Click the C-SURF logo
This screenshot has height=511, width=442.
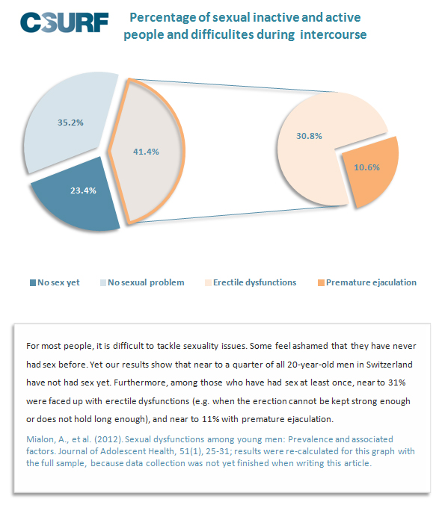[x=64, y=22]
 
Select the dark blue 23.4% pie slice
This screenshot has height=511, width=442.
[x=79, y=196]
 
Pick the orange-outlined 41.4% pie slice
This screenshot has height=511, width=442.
[x=147, y=151]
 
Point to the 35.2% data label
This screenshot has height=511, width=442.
[x=70, y=123]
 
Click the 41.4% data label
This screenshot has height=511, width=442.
[x=146, y=152]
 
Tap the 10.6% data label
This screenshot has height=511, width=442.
[x=366, y=167]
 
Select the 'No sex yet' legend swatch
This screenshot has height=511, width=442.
[x=33, y=283]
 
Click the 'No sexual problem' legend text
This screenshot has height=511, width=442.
[x=146, y=282]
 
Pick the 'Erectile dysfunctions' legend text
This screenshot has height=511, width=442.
[x=254, y=282]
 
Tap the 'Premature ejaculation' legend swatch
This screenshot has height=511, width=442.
[x=321, y=283]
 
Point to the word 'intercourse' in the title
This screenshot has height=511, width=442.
[x=333, y=34]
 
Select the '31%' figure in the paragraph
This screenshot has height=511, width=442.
[x=396, y=383]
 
